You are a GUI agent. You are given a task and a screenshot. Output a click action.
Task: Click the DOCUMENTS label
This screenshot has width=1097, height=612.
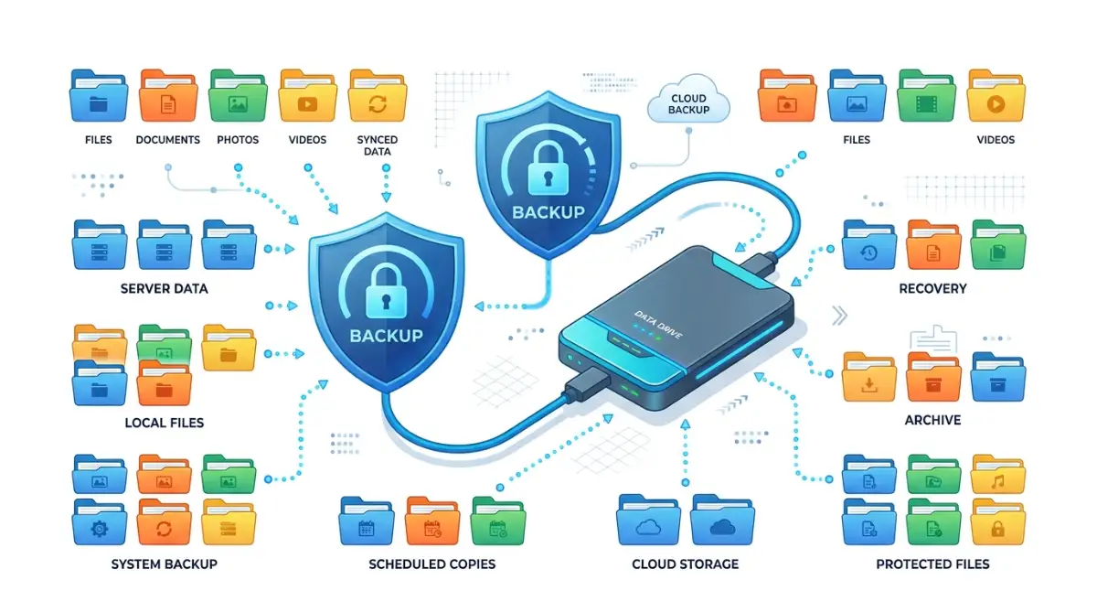click(x=167, y=140)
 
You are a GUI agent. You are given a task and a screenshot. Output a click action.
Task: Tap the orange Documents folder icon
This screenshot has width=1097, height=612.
click(x=168, y=95)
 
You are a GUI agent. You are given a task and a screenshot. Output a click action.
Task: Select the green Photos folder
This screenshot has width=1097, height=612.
click(x=238, y=95)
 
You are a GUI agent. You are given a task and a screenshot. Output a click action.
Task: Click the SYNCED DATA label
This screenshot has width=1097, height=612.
click(x=377, y=145)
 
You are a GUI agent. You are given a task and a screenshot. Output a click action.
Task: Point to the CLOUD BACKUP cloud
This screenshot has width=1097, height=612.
click(x=688, y=101)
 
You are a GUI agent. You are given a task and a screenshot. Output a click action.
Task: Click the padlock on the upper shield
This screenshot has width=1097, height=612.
click(x=548, y=168)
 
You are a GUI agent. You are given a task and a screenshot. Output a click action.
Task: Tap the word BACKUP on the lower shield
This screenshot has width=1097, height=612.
click(x=387, y=336)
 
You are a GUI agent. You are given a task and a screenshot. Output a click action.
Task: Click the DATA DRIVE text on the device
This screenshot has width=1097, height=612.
click(x=657, y=325)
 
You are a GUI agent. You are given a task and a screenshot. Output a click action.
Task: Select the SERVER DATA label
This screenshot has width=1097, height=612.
click(x=164, y=288)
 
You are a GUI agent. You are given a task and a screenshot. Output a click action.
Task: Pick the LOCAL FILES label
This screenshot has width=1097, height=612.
click(x=164, y=423)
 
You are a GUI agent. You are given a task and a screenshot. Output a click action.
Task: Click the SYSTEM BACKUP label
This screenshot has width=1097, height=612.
click(x=164, y=564)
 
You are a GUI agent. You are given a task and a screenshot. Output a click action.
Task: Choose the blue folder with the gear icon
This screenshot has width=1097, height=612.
click(x=100, y=522)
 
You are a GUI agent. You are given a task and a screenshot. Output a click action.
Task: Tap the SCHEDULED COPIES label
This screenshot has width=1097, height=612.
click(x=431, y=564)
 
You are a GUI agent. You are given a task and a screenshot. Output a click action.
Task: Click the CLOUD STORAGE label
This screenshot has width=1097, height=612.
click(x=685, y=564)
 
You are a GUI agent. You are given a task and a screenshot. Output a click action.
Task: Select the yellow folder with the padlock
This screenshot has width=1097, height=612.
click(x=997, y=522)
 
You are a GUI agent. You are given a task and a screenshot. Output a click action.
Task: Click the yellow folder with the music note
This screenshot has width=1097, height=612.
click(x=997, y=474)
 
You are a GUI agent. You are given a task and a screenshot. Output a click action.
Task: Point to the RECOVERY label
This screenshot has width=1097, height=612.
click(x=933, y=288)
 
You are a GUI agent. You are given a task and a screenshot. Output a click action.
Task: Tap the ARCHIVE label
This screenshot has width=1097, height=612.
click(x=932, y=420)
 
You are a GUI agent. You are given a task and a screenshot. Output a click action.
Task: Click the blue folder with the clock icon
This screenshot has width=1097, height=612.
click(x=869, y=245)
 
